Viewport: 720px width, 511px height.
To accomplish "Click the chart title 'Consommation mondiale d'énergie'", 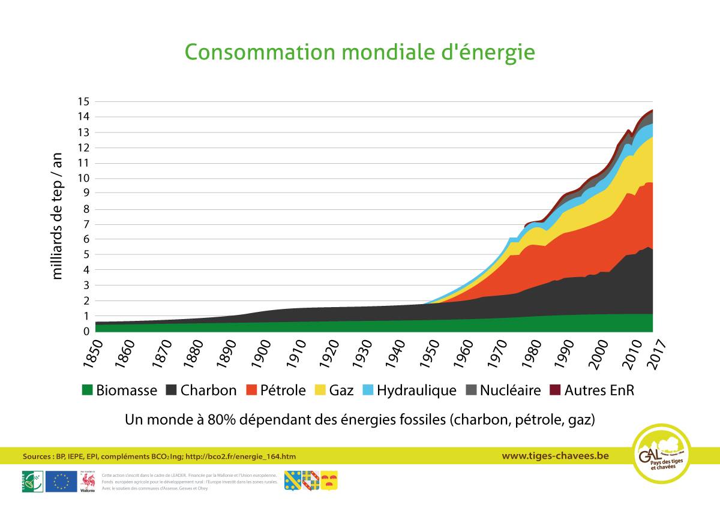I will [359, 52].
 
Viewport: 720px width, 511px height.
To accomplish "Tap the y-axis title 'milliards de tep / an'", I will [58, 216].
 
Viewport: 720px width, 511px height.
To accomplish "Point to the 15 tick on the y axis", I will [83, 101].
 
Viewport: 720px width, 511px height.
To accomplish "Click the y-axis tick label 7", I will [86, 224].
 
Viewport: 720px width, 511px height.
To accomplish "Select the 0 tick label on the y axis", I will [86, 331].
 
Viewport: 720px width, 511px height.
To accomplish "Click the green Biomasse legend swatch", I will [88, 390].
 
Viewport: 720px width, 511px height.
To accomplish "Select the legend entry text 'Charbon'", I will [208, 390].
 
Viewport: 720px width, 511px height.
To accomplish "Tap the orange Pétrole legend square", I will [252, 390].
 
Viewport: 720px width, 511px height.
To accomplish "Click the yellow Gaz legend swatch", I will [319, 390].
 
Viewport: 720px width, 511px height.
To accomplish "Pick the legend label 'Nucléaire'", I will [510, 390].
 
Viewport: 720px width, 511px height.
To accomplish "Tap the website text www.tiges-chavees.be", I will [555, 456].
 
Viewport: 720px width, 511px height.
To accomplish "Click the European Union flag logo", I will [61, 481].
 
